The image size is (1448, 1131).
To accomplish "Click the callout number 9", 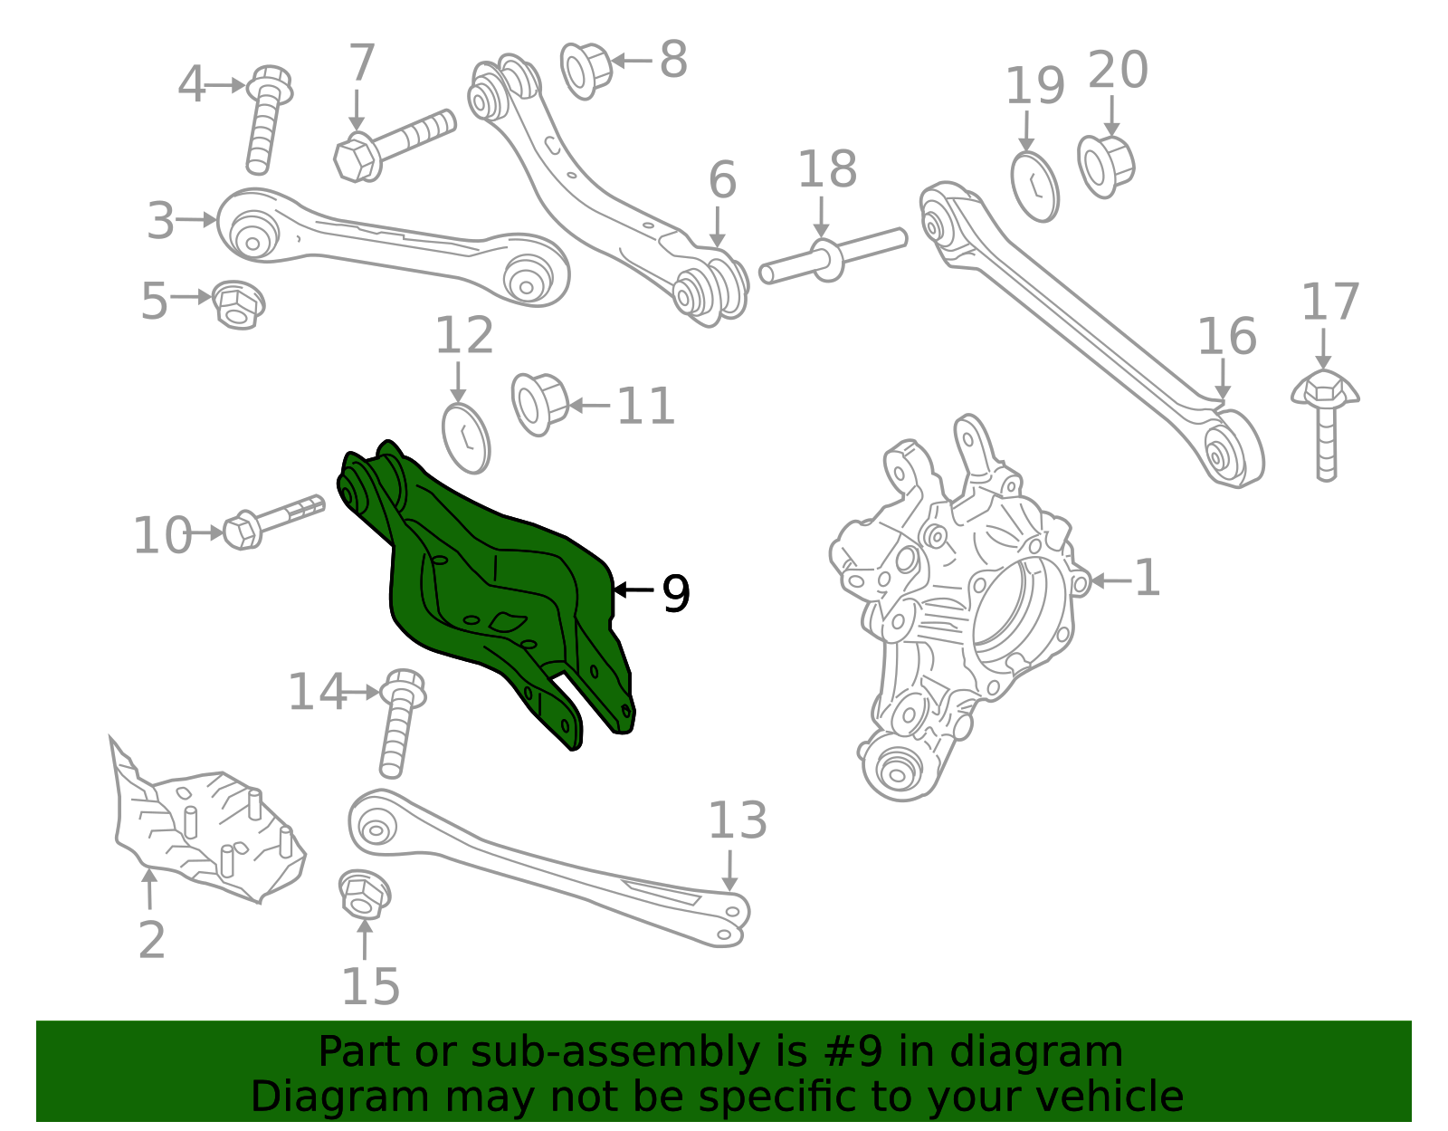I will tap(675, 594).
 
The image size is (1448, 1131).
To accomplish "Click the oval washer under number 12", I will tap(466, 437).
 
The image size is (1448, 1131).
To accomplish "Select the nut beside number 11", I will tap(539, 403).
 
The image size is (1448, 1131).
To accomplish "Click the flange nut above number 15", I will tap(364, 893).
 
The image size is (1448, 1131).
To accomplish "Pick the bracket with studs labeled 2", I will tap(208, 833).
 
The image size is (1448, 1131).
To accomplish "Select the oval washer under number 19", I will tap(1034, 187).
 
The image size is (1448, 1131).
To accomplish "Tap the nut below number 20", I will tap(1105, 166).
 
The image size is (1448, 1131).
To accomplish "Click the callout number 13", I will tap(737, 820).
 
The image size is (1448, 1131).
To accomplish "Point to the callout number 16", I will tap(1226, 337).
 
